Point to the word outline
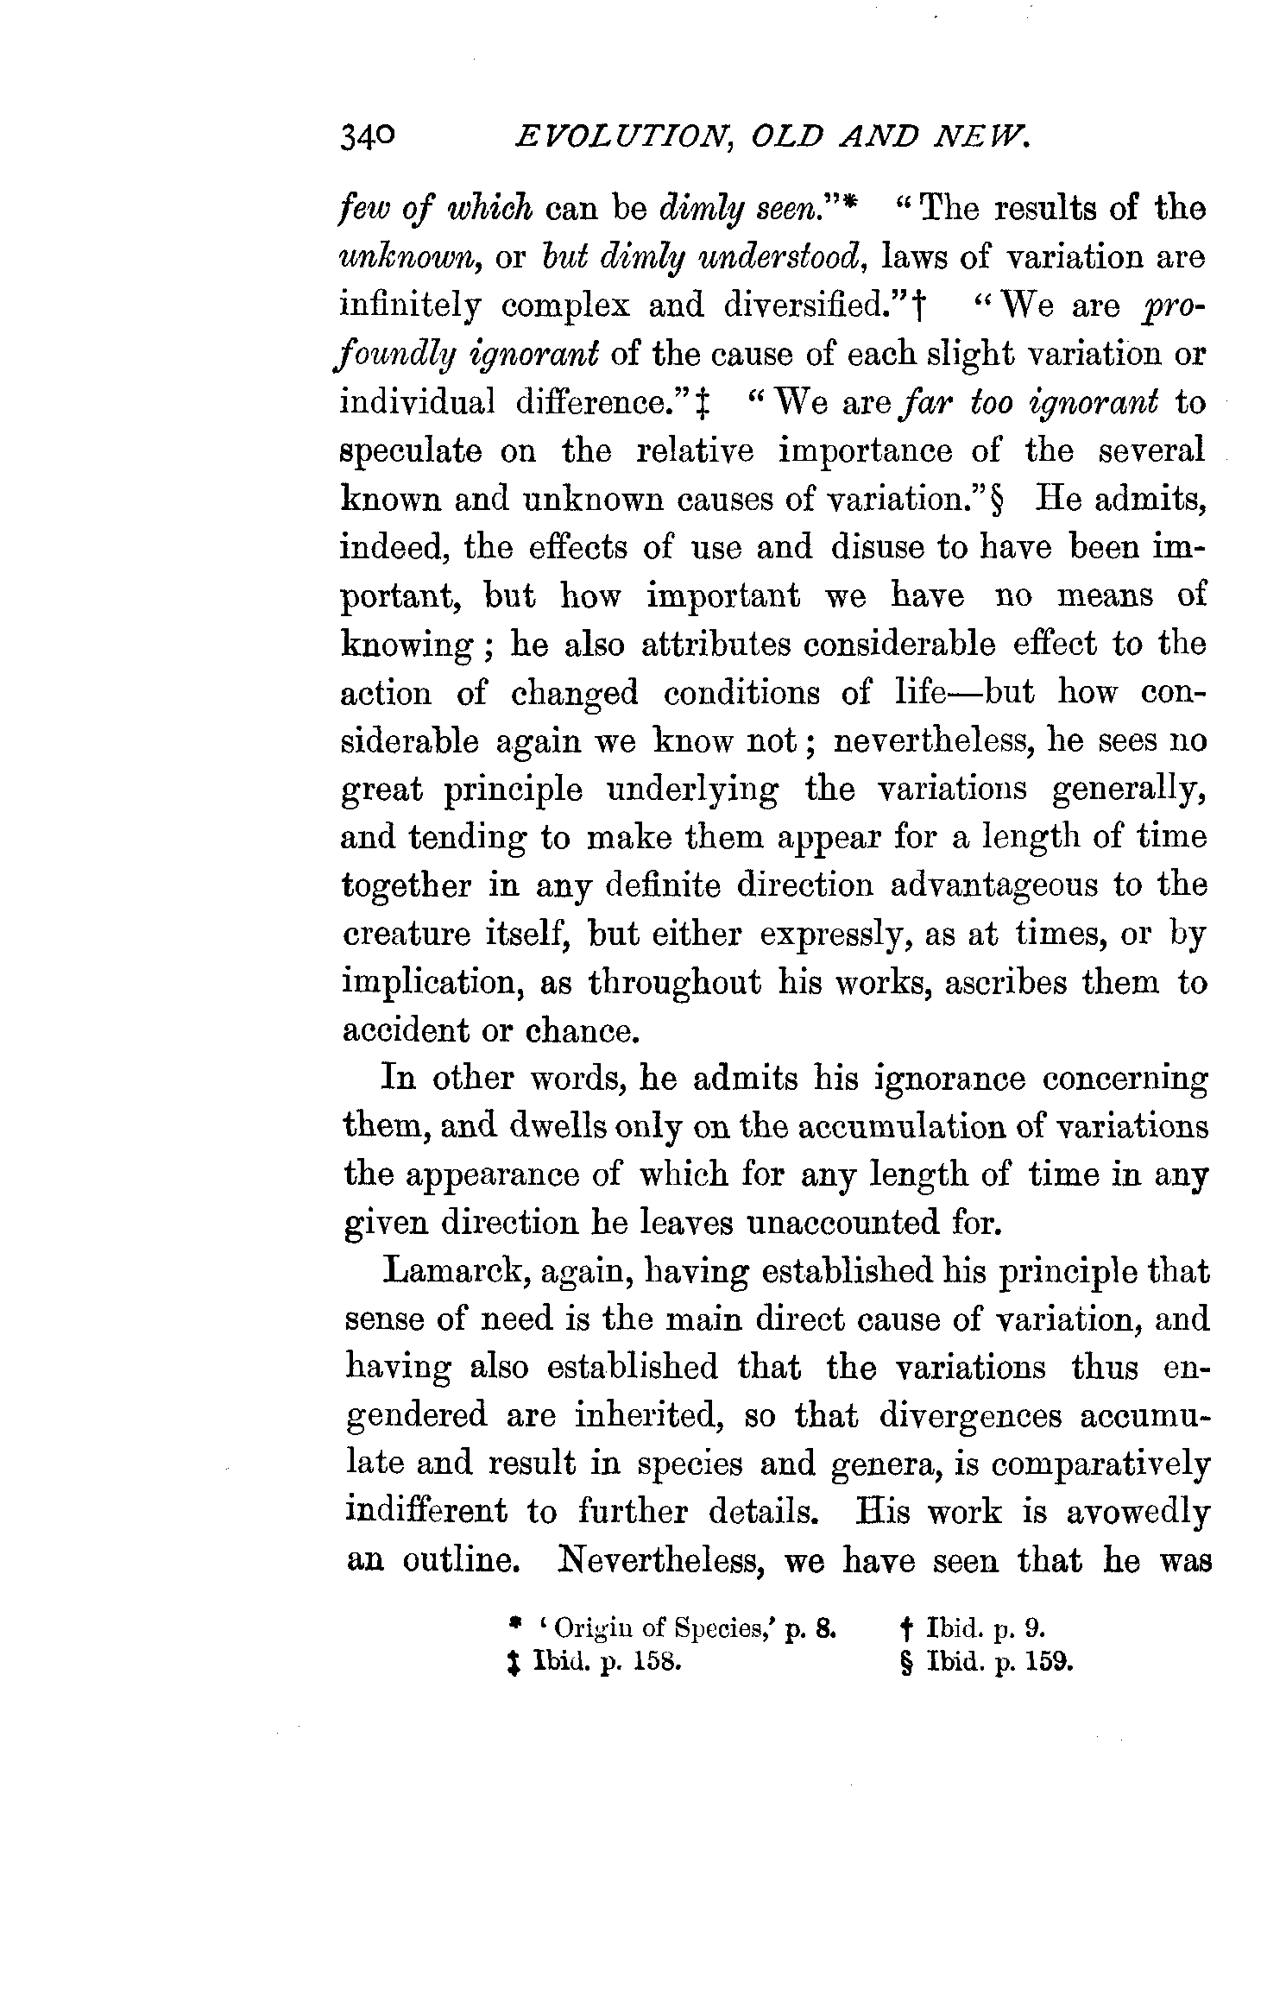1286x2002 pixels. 457,1561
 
